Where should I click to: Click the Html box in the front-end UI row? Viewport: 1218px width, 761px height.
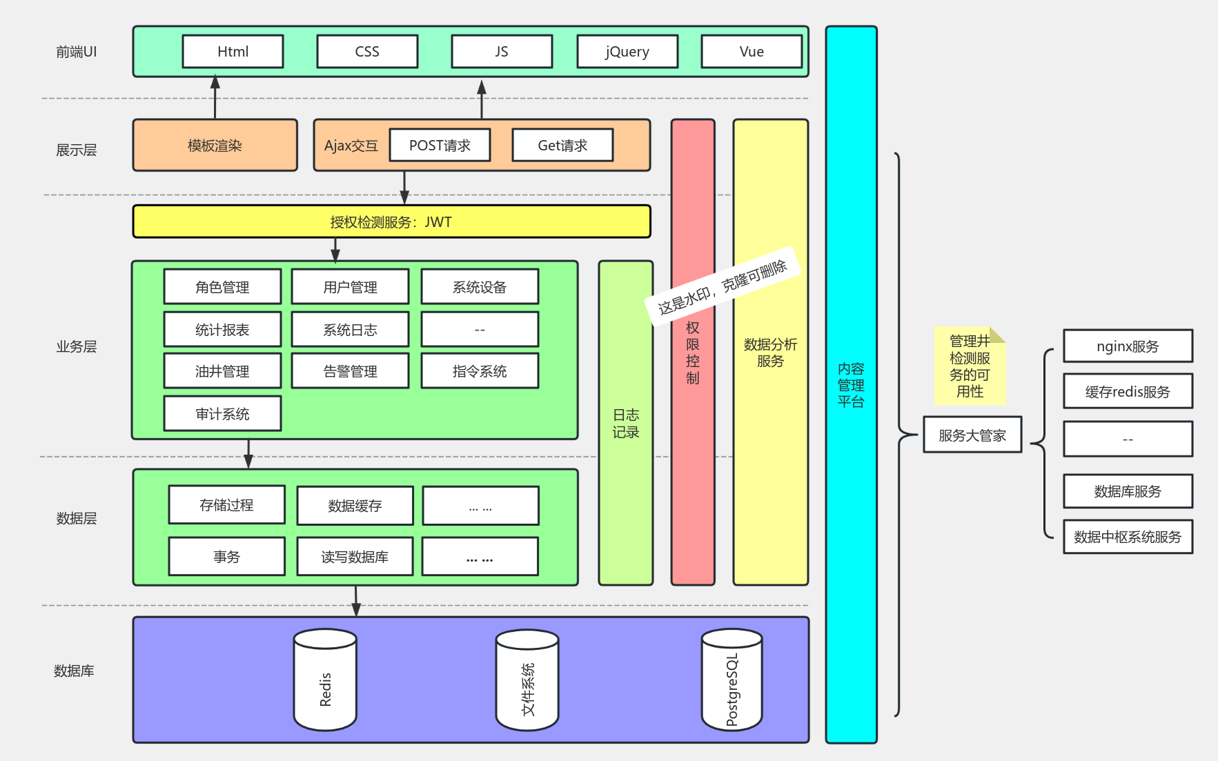point(233,52)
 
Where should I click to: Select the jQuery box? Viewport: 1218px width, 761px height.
point(627,52)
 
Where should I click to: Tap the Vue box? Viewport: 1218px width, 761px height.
point(751,52)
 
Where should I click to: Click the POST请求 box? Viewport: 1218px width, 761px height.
point(440,146)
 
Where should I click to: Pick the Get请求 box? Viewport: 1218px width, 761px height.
point(562,146)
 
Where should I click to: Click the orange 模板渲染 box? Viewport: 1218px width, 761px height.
point(215,146)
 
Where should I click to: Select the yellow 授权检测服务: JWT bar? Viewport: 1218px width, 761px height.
point(391,222)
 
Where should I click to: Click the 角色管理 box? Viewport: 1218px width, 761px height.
point(222,287)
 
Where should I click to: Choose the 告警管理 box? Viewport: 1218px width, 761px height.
point(350,371)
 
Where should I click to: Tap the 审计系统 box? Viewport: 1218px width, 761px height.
point(222,414)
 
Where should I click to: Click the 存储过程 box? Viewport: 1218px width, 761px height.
point(226,505)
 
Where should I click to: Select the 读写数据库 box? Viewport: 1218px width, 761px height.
point(355,557)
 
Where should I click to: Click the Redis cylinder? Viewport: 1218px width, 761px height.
point(325,680)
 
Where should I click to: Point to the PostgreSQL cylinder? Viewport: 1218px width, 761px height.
point(731,680)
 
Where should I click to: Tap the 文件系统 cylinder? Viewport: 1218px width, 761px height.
point(527,680)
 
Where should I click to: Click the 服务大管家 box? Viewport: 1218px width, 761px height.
point(972,435)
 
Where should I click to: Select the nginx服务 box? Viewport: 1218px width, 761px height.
point(1128,346)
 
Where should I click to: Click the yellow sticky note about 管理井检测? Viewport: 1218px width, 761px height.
point(969,366)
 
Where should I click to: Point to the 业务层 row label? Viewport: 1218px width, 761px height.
point(76,346)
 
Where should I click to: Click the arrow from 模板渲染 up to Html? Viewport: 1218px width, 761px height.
point(215,98)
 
